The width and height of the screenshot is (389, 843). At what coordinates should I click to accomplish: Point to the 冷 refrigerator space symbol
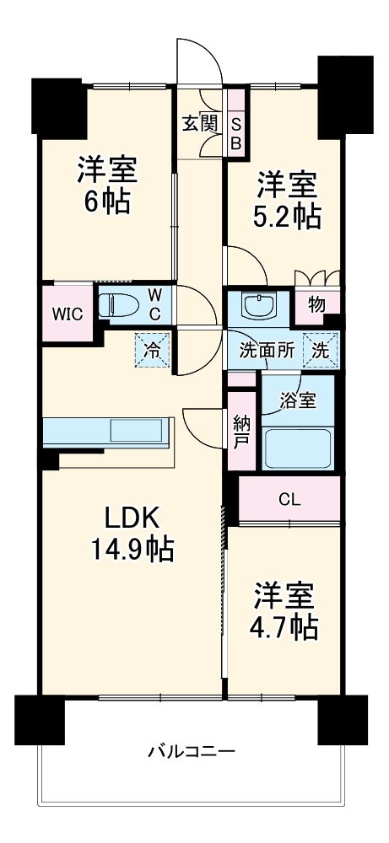tap(152, 351)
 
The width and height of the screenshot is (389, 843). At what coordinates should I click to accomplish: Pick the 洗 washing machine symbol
tap(321, 351)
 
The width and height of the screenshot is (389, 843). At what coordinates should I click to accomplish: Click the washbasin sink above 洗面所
tap(259, 307)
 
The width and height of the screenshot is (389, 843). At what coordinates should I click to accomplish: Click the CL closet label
tap(289, 499)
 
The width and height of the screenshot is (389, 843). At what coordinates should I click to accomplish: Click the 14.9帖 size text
tap(132, 550)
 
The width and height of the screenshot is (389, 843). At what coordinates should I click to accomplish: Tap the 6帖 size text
tap(106, 202)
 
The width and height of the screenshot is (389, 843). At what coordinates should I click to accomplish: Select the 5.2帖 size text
tap(288, 216)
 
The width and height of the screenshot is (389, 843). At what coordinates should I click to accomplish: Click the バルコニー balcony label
tap(192, 750)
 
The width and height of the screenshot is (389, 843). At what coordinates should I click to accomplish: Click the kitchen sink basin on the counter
tap(137, 431)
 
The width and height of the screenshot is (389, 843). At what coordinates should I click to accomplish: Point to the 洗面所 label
tap(267, 351)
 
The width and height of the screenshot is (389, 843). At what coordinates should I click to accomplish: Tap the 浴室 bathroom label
tap(298, 400)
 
